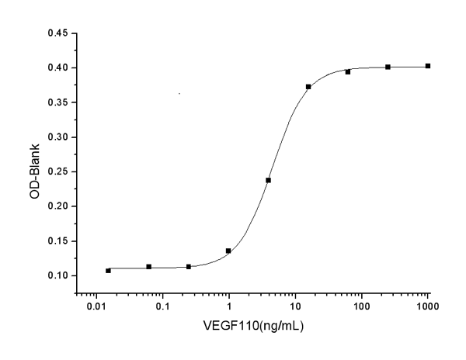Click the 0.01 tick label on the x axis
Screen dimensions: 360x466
[96, 307]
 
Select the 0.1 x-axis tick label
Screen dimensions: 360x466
[163, 307]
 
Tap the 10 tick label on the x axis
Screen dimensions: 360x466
[295, 307]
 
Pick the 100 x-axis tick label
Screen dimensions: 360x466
[361, 307]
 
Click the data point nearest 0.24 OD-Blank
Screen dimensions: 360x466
[268, 180]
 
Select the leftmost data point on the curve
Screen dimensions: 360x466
[108, 270]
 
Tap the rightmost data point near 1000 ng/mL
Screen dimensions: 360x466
[428, 66]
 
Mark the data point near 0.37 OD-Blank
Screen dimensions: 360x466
[308, 86]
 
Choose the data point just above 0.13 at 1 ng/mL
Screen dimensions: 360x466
[228, 251]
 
